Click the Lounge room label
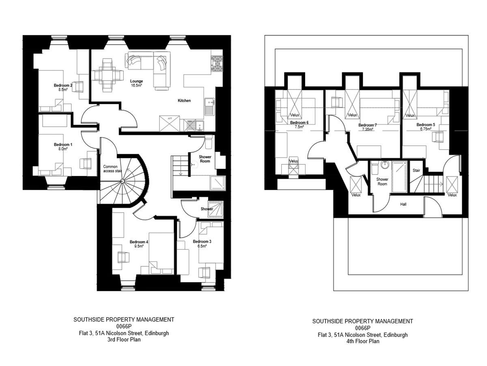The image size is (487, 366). (x=136, y=81)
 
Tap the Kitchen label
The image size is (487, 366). (x=184, y=100)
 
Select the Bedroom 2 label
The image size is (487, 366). (x=63, y=85)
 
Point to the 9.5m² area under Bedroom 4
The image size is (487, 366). (x=139, y=246)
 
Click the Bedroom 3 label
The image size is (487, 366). (x=202, y=241)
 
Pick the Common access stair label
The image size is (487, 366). (x=112, y=169)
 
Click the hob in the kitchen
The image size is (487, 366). (x=217, y=63)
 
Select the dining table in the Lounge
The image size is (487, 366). (x=108, y=75)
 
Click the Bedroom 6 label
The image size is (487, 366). (x=299, y=123)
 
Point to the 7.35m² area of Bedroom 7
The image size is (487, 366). (x=368, y=129)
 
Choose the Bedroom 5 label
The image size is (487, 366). (x=426, y=125)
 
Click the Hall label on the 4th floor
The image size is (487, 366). (x=403, y=204)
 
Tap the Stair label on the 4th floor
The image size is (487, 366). (x=416, y=170)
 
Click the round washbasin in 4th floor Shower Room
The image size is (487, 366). (x=385, y=165)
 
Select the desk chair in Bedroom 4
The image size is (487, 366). (x=123, y=257)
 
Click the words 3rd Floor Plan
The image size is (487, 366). (x=124, y=340)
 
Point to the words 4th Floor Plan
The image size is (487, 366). (x=363, y=341)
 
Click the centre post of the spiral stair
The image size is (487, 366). (x=122, y=181)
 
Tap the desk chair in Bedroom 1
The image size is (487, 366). (x=85, y=164)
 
